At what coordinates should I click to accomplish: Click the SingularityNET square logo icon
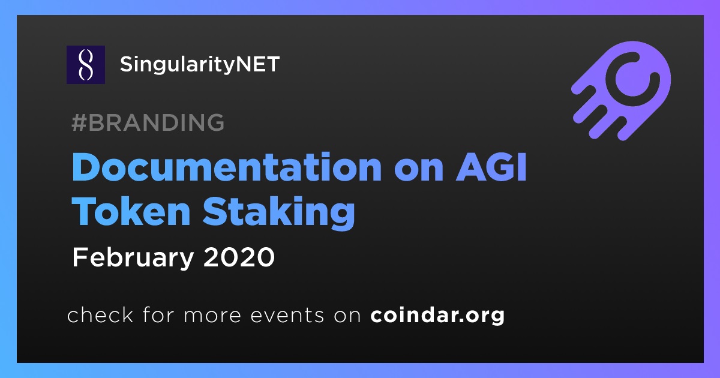point(86,65)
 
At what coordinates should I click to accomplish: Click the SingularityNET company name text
point(200,65)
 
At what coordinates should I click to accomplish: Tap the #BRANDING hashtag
point(148,122)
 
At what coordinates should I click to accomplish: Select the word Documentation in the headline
point(227,167)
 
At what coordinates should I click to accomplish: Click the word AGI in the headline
point(491,167)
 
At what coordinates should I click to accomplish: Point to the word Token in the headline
point(131,211)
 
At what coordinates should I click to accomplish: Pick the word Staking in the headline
point(279,213)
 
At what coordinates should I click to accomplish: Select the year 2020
point(239,257)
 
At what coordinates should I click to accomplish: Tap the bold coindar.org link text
point(437,316)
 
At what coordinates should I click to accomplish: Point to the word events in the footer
point(287,316)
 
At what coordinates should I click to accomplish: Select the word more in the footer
point(212,316)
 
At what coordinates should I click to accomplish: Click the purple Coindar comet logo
point(621,91)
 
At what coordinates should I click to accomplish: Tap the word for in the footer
point(159,314)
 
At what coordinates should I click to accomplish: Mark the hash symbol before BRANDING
point(79,122)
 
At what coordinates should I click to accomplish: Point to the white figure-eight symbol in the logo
point(86,65)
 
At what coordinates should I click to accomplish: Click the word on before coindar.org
point(347,316)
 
